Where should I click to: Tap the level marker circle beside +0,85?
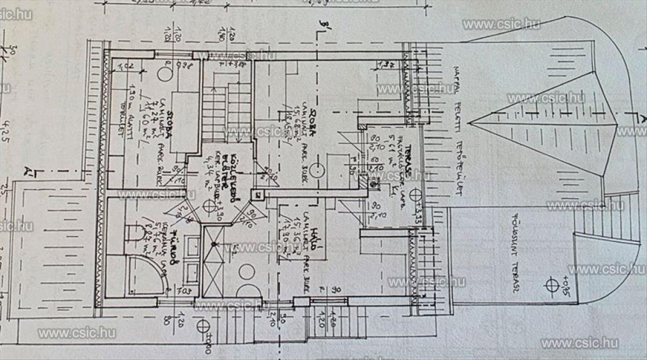(x=552, y=283)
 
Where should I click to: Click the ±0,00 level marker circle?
(x=203, y=327)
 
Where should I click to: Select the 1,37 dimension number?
(x=385, y=66)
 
